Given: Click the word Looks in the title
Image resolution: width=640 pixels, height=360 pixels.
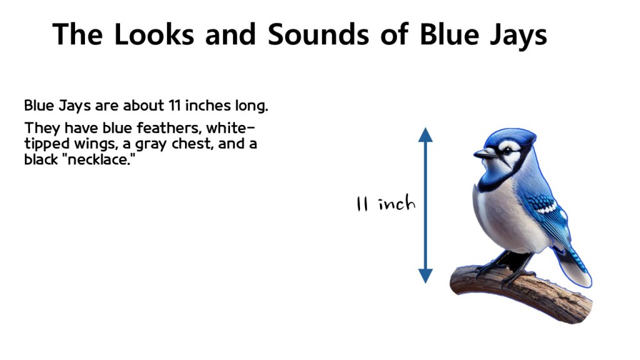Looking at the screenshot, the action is click(x=154, y=34).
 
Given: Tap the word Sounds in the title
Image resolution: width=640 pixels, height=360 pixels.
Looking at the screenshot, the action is click(x=318, y=34).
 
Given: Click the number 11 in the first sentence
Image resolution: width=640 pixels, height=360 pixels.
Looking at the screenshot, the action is click(x=174, y=106).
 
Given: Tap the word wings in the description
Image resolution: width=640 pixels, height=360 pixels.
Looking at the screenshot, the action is click(x=96, y=145).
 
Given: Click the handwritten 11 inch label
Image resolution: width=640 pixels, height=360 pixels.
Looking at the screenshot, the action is click(x=385, y=203).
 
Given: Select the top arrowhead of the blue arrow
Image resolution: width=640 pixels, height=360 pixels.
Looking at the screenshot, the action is click(x=425, y=134).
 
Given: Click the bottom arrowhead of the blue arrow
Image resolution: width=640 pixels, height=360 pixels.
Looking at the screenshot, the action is click(x=425, y=276).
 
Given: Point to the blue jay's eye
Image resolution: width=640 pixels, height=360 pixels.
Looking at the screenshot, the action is click(x=507, y=151).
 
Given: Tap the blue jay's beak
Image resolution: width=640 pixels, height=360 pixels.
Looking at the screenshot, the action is click(x=484, y=154).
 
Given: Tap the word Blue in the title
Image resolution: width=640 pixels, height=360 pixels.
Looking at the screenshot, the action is click(x=448, y=34).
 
